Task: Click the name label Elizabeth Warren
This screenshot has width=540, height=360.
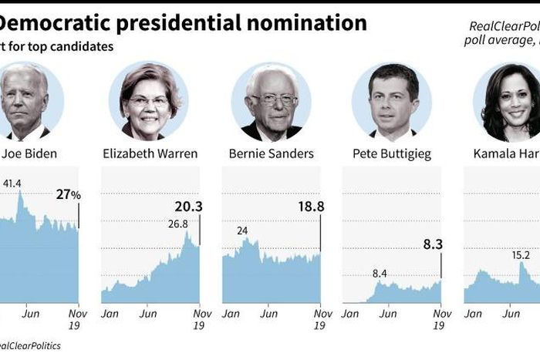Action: [x=150, y=153]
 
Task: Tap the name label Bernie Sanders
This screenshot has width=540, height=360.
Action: [x=271, y=153]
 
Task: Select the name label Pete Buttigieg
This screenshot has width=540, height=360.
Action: [x=391, y=153]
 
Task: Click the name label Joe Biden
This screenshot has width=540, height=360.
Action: [x=29, y=153]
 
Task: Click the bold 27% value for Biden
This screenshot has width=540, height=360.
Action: [x=67, y=195]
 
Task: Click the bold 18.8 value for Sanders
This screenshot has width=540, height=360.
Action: [x=306, y=207]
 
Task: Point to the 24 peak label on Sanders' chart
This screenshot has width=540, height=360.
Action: [x=242, y=230]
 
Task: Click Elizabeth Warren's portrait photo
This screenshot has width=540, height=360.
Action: [x=150, y=101]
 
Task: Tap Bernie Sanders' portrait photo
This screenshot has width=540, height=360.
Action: [x=271, y=101]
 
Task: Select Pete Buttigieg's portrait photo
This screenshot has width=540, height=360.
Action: [x=391, y=101]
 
